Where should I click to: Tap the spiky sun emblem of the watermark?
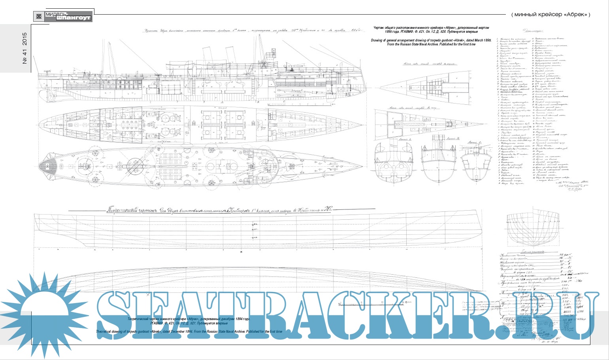(x=47, y=312)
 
